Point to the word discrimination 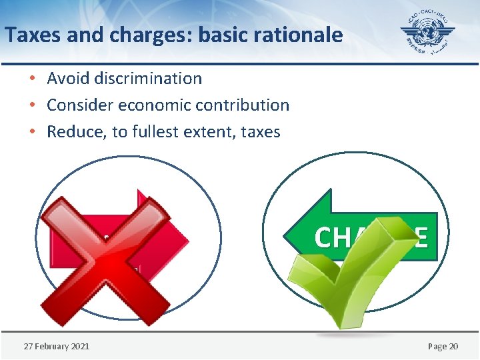tap(148, 79)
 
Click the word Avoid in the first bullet tap(69, 79)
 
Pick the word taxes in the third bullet tap(261, 132)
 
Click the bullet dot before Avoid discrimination tap(33, 79)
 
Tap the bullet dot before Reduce tap(33, 132)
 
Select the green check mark tap(347, 273)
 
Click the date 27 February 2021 tap(57, 346)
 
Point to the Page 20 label tap(443, 346)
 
